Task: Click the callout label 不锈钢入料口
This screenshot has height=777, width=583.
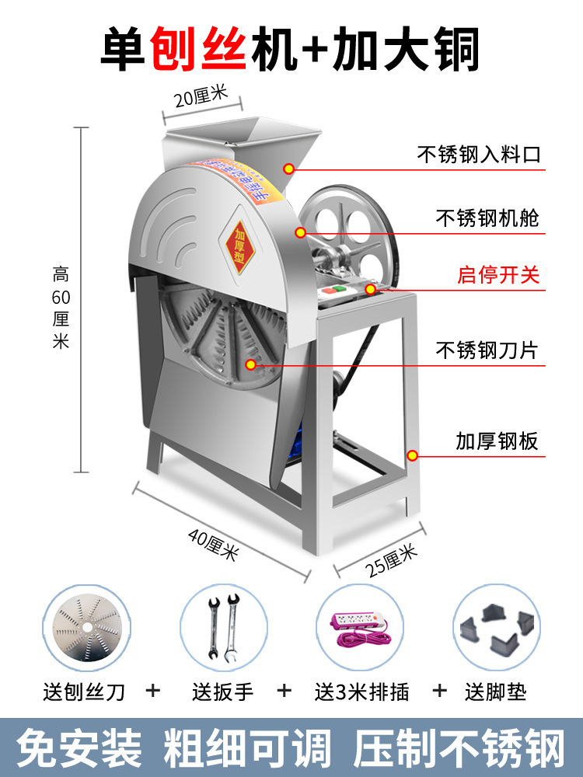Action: pos(478,155)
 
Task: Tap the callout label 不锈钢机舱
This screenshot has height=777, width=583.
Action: pos(487,218)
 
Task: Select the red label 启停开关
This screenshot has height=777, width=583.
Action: pos(498,275)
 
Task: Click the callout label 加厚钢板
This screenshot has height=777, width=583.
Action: pos(497,442)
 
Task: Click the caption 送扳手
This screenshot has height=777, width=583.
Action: pos(222,690)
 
